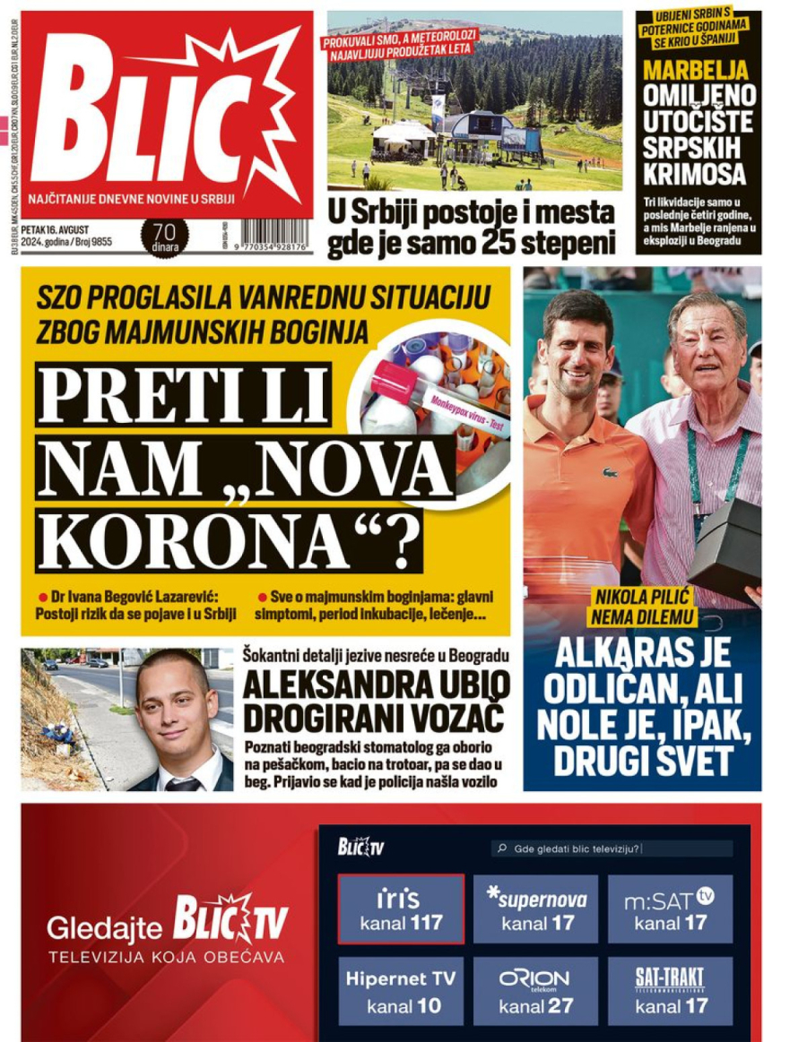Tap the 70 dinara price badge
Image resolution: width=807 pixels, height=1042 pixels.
[x=165, y=237]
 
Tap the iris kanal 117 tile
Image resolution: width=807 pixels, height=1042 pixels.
[x=401, y=909]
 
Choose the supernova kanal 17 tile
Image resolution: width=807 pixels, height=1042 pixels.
[x=535, y=909]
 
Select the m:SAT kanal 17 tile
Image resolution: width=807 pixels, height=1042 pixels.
[x=669, y=909]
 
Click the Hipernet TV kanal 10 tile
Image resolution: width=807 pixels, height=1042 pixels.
[x=401, y=991]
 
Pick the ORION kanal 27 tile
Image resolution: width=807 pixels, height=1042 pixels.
[x=535, y=991]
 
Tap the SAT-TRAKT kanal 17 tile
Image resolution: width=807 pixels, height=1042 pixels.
[x=669, y=991]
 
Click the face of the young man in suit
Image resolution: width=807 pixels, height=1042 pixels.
[x=175, y=708]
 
